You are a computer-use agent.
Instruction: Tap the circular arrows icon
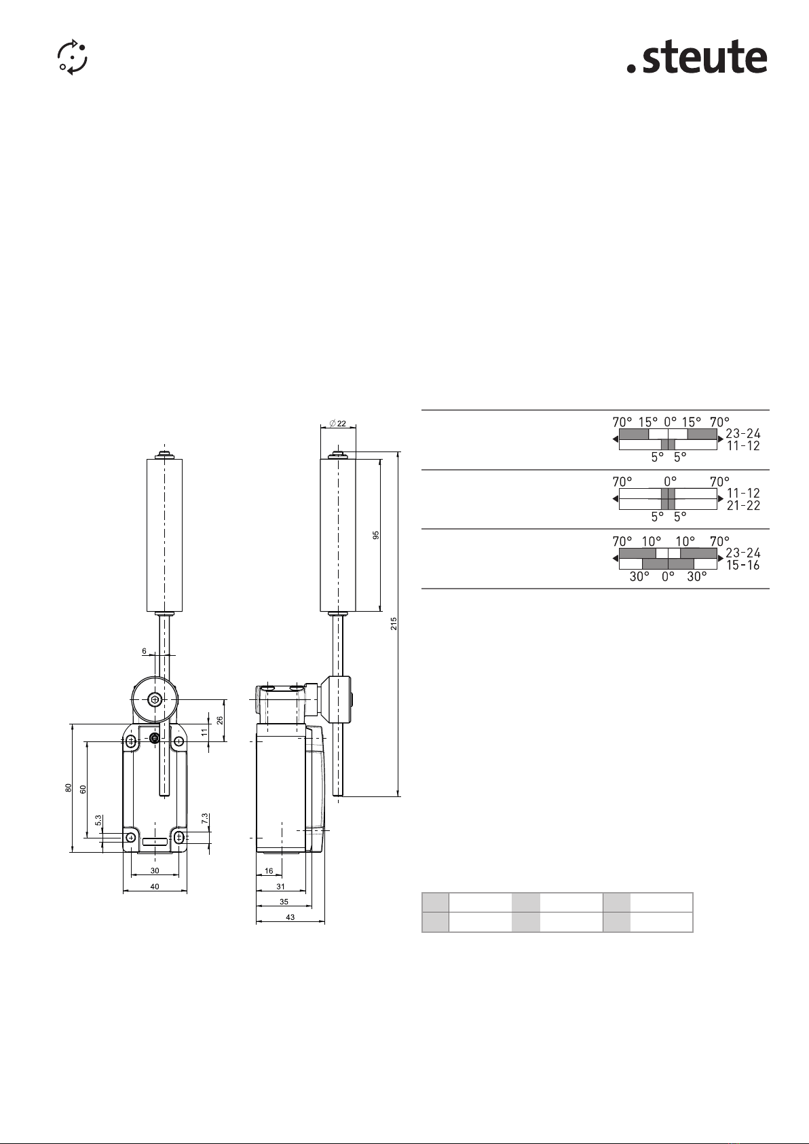72,57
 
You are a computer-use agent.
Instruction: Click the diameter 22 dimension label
337,424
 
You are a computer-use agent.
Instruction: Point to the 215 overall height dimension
394,623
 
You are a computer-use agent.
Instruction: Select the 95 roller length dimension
376,535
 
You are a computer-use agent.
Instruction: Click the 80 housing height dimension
69,788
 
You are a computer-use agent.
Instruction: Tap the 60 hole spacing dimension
83,789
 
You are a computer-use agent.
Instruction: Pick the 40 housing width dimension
155,887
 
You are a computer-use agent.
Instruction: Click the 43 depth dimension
290,917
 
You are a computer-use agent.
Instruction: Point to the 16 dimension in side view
269,871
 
